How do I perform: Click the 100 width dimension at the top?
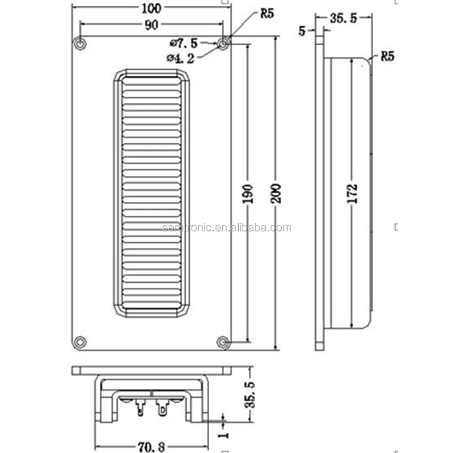click(x=151, y=8)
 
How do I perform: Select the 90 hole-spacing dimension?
click(x=151, y=26)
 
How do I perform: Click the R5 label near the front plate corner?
click(x=267, y=14)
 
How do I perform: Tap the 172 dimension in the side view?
click(x=354, y=193)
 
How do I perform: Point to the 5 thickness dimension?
click(x=302, y=31)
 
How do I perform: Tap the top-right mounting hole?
click(x=223, y=43)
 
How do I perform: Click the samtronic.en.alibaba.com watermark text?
click(x=226, y=228)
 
